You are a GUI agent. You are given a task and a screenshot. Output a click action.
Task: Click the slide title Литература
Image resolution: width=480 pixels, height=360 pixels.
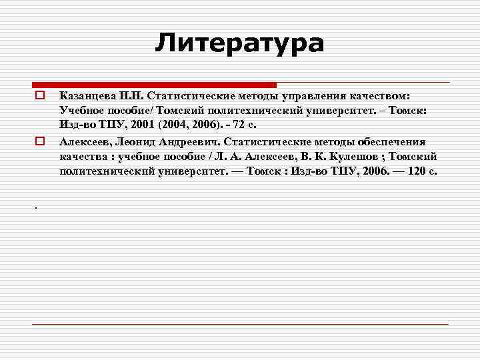point(239,43)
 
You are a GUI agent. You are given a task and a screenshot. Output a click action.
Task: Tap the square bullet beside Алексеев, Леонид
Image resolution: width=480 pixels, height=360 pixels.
point(40,141)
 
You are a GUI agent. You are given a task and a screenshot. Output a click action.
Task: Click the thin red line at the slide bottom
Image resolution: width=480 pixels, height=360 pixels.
point(240,324)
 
